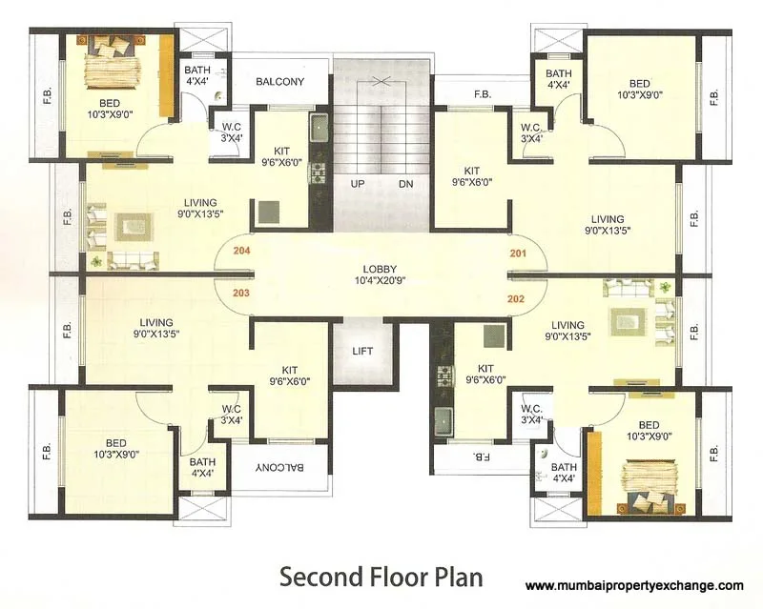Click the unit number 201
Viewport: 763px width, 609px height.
click(518, 254)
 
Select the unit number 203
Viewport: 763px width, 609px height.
click(240, 293)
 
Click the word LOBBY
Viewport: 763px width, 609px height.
click(380, 270)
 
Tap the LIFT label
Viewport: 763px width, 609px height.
click(361, 351)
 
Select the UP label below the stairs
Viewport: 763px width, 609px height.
click(358, 183)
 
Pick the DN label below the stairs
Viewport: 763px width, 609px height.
click(405, 183)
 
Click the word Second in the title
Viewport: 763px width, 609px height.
click(320, 577)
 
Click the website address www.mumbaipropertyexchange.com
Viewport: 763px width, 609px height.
click(634, 586)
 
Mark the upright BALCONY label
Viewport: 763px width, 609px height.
click(279, 82)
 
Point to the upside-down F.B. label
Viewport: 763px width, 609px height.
click(481, 457)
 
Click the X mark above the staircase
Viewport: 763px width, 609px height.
click(381, 82)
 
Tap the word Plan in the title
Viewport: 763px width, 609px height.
click(457, 577)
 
